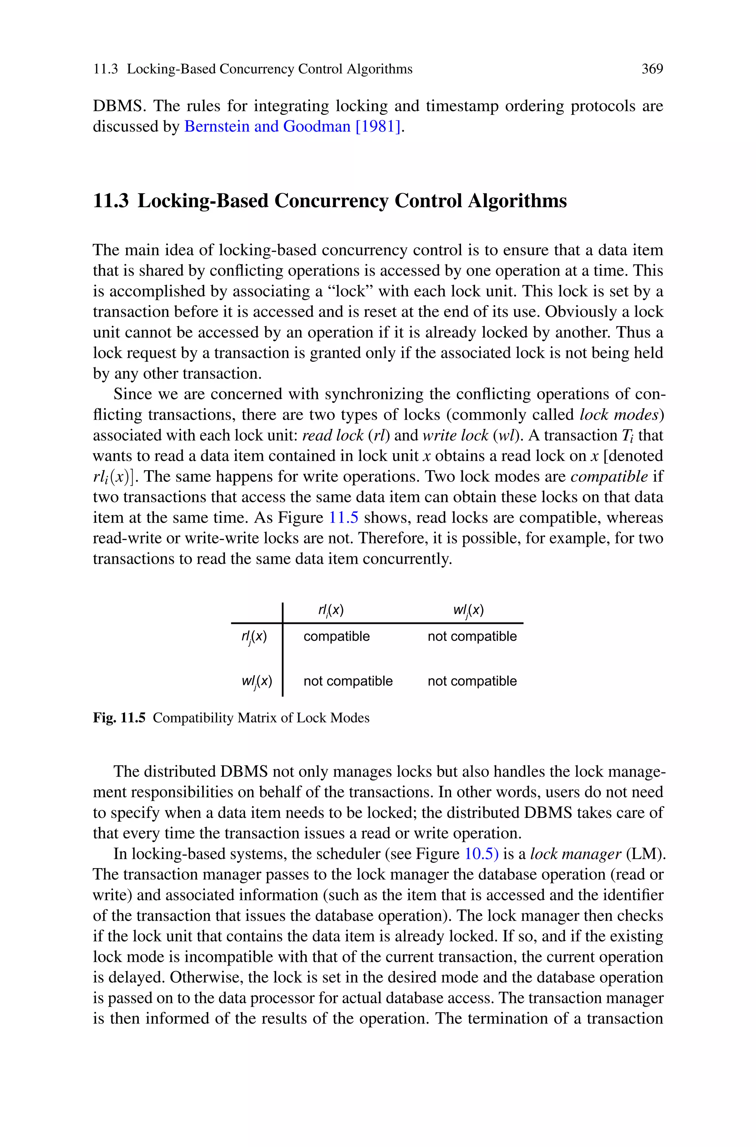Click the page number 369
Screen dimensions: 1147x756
[x=652, y=69]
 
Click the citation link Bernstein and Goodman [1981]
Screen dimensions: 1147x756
[x=293, y=126]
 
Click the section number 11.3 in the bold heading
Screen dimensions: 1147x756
[x=110, y=201]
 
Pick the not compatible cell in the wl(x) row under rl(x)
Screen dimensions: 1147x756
[x=348, y=681]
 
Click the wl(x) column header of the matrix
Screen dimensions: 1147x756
[x=468, y=610]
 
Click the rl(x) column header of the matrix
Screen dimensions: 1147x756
[x=331, y=610]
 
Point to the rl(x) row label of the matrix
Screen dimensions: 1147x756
[x=254, y=637]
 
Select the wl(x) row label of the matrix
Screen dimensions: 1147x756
[x=257, y=682]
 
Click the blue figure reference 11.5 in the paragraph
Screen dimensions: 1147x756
[x=343, y=518]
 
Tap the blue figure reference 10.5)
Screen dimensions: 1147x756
[x=481, y=854]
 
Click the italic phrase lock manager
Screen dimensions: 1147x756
[x=575, y=854]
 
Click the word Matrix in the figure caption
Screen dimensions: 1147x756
[x=257, y=718]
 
